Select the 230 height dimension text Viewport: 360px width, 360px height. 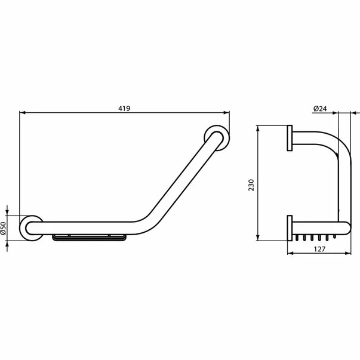[252, 182]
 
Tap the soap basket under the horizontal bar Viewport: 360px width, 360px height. [90, 239]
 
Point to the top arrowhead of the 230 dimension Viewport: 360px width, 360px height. [258, 128]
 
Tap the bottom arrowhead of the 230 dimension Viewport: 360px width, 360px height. [258, 237]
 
